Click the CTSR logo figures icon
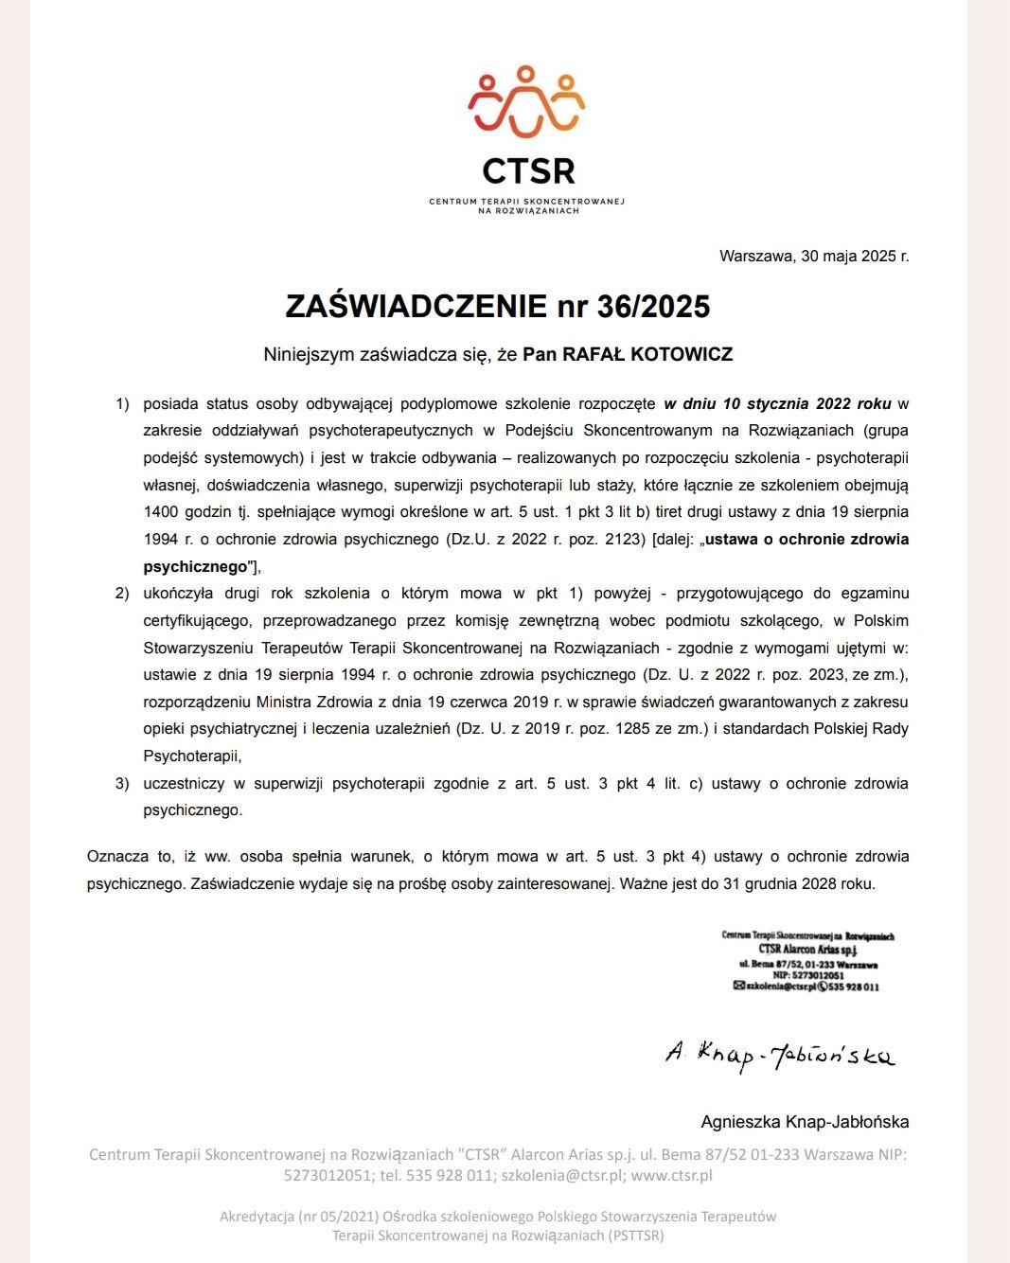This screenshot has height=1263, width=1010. tap(526, 102)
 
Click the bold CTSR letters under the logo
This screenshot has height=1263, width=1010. tap(528, 171)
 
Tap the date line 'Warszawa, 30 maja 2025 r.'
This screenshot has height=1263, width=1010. tap(814, 256)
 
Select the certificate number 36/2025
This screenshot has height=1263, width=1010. tap(653, 306)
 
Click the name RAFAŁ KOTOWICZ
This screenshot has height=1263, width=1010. tap(647, 354)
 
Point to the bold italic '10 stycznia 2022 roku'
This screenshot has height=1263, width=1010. tap(777, 403)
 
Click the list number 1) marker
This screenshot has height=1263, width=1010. tap(122, 404)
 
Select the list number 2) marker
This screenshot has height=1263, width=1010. tap(122, 594)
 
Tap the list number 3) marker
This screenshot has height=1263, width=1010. tap(122, 784)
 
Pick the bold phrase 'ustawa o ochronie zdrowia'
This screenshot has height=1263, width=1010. tap(806, 540)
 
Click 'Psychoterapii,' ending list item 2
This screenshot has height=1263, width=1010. tap(192, 756)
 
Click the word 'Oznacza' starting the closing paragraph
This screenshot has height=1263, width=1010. tap(117, 857)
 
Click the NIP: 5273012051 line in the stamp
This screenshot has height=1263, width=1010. tap(807, 975)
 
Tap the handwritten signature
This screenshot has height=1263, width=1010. tap(780, 1053)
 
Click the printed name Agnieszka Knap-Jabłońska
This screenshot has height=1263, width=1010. tap(805, 1122)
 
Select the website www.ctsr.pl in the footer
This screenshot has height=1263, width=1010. tap(671, 1176)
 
